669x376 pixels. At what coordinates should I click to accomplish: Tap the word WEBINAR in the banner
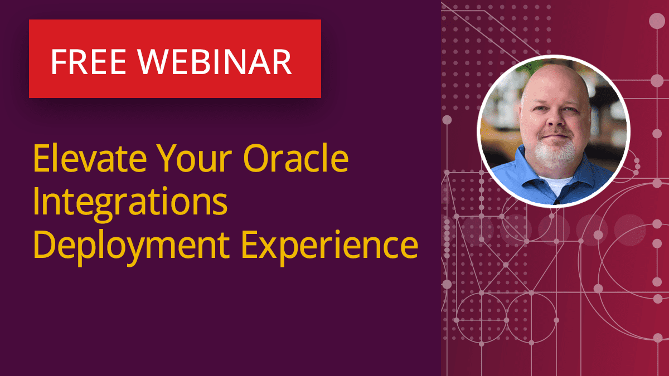tap(215, 61)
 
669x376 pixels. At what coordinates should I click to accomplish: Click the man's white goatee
tap(553, 155)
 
